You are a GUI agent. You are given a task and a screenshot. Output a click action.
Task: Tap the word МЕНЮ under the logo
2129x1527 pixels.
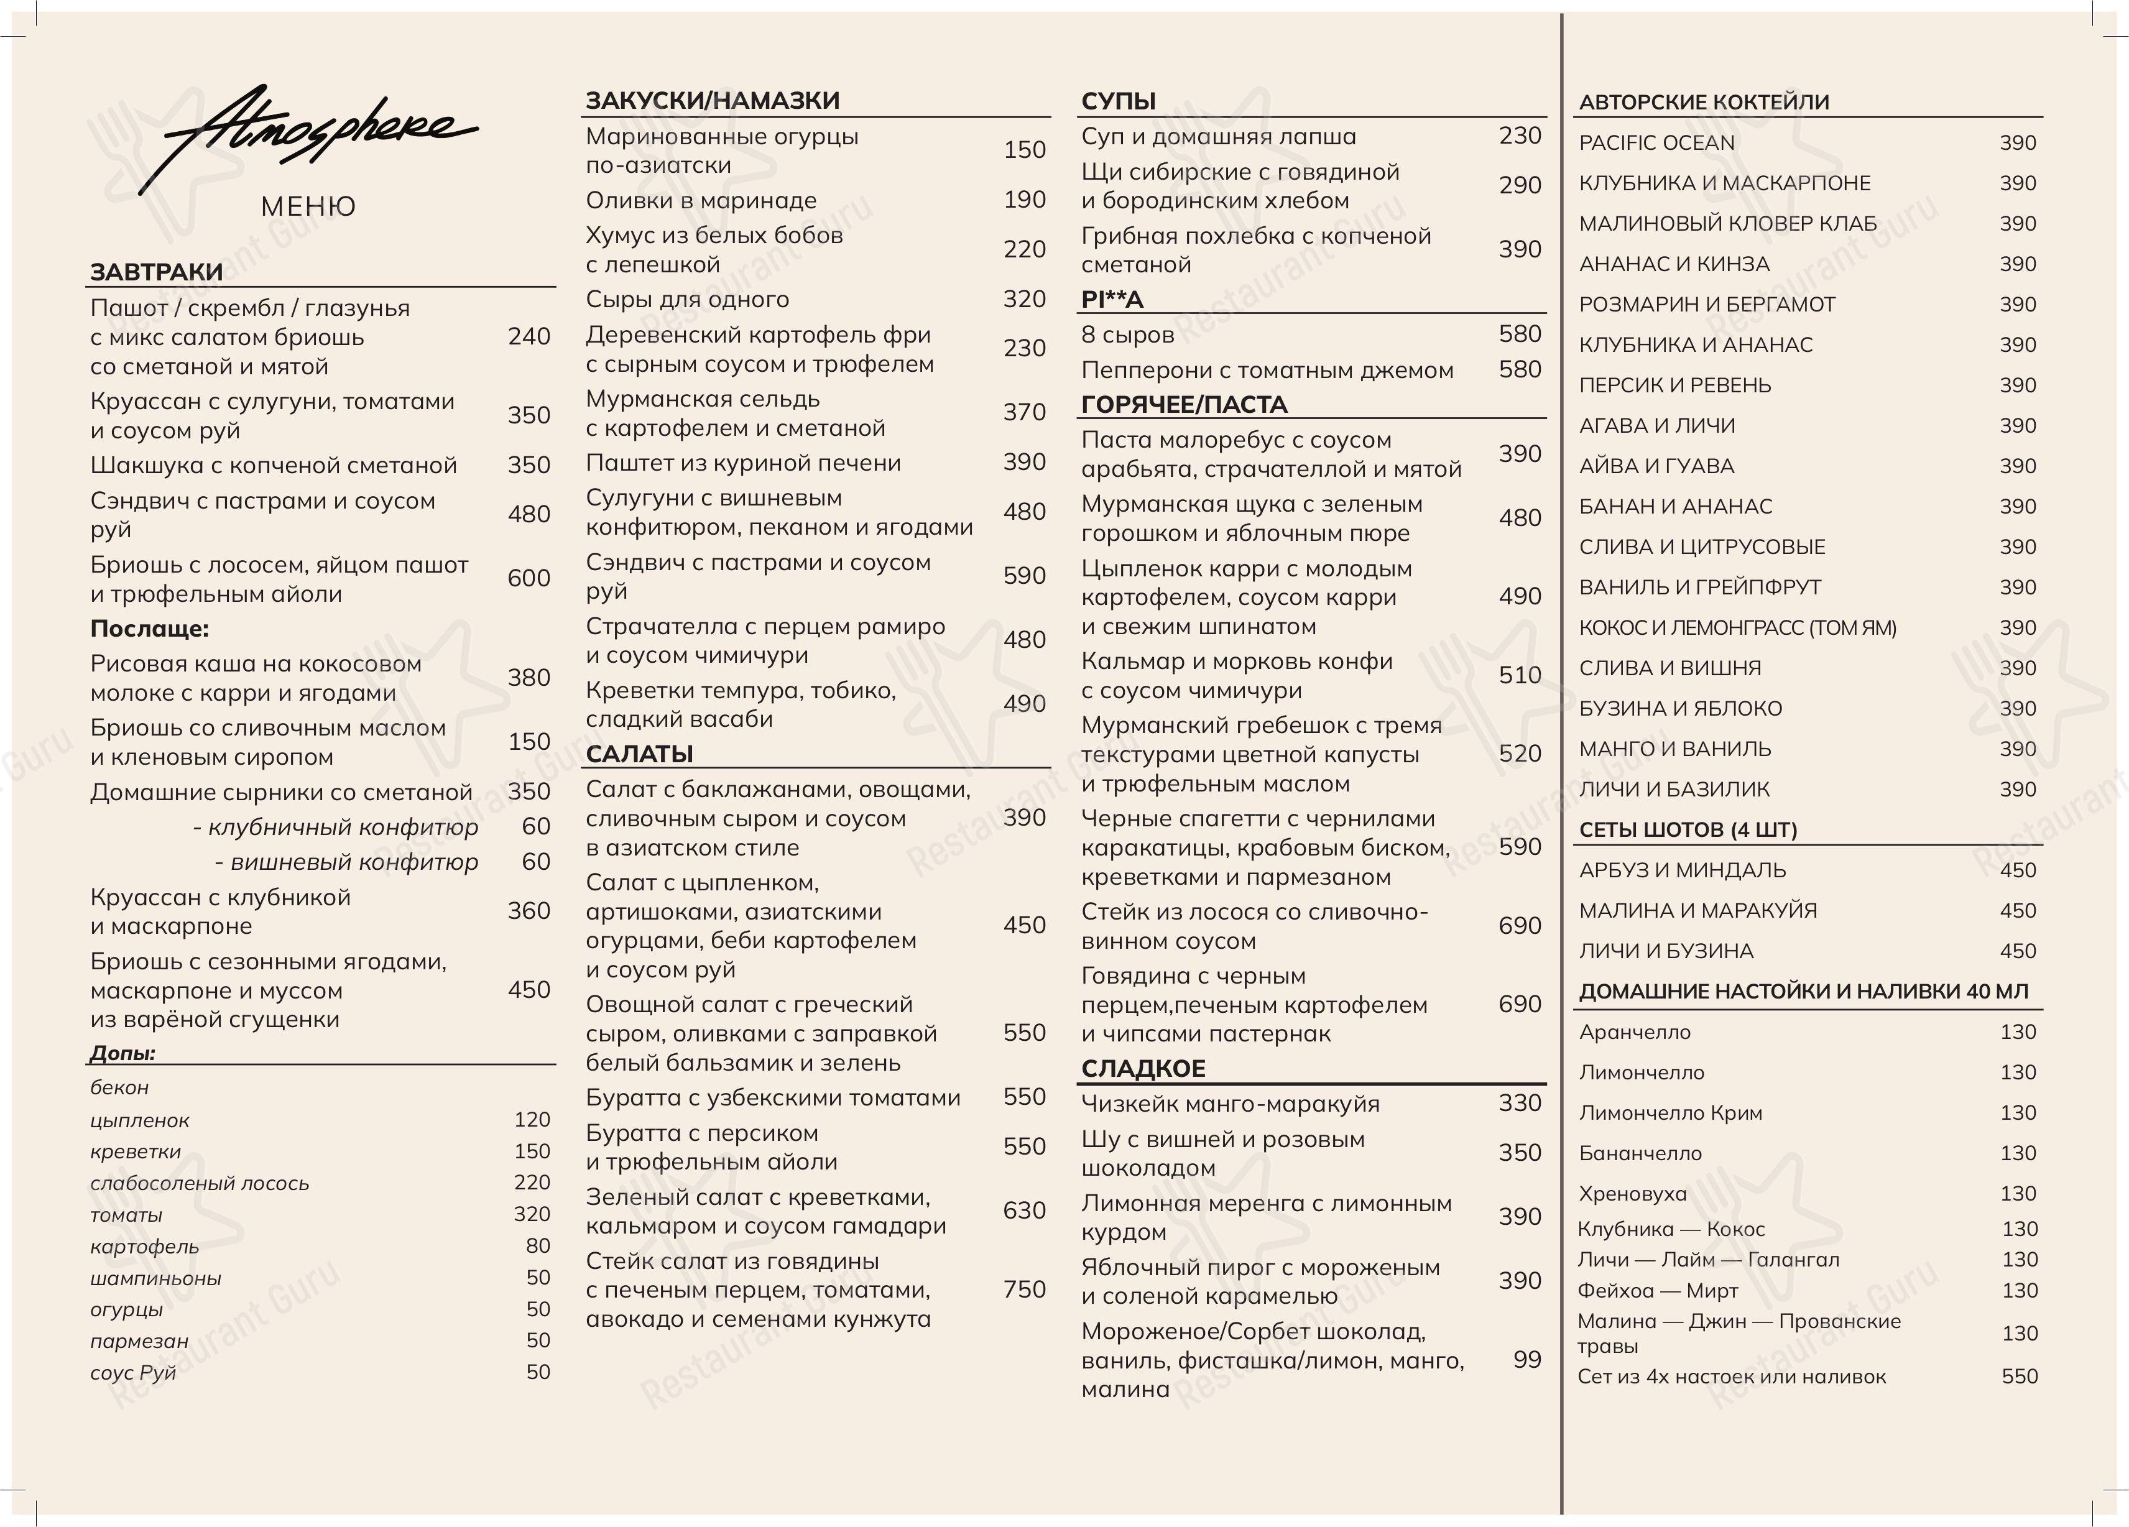308,206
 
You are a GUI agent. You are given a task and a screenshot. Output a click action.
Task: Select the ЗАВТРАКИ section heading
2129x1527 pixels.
156,272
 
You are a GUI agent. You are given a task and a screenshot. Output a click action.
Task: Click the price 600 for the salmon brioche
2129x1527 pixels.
529,578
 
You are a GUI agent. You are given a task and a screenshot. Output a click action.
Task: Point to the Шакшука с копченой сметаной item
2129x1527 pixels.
273,466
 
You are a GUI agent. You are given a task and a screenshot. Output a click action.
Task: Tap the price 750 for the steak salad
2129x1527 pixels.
1023,1289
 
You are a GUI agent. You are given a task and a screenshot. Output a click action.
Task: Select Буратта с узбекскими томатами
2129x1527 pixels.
772,1097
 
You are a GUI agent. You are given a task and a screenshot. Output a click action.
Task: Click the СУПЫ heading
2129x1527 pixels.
1117,101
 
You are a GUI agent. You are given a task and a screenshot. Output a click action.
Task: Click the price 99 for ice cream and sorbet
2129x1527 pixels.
1526,1360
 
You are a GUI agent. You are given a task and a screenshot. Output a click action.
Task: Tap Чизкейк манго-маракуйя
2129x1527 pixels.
1230,1104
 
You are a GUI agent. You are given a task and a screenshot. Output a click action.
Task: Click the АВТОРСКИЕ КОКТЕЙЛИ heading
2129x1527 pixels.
1704,103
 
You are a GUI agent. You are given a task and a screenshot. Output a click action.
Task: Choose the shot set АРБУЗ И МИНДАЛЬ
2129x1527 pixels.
1682,870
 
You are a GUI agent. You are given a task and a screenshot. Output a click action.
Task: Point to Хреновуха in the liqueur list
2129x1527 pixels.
1632,1194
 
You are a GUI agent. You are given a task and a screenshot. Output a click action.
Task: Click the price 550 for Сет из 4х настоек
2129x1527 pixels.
2019,1377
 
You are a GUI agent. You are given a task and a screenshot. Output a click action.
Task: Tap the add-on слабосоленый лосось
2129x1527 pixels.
199,1184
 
